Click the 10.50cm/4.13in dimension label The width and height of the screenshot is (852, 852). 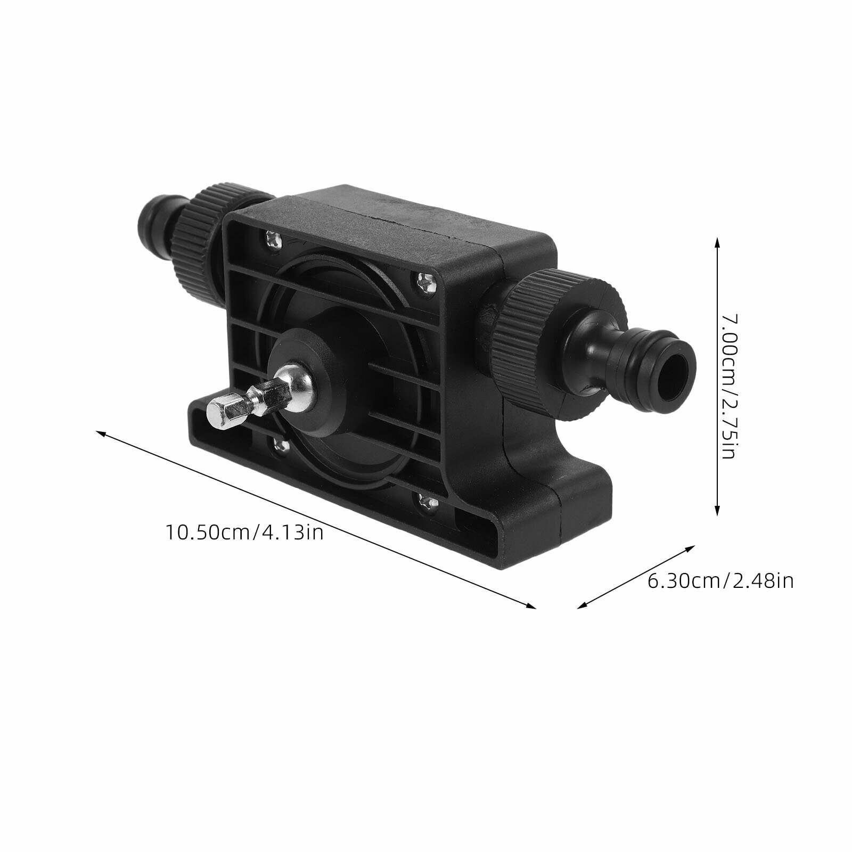(x=245, y=532)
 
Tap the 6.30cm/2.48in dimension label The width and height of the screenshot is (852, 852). (x=720, y=580)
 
